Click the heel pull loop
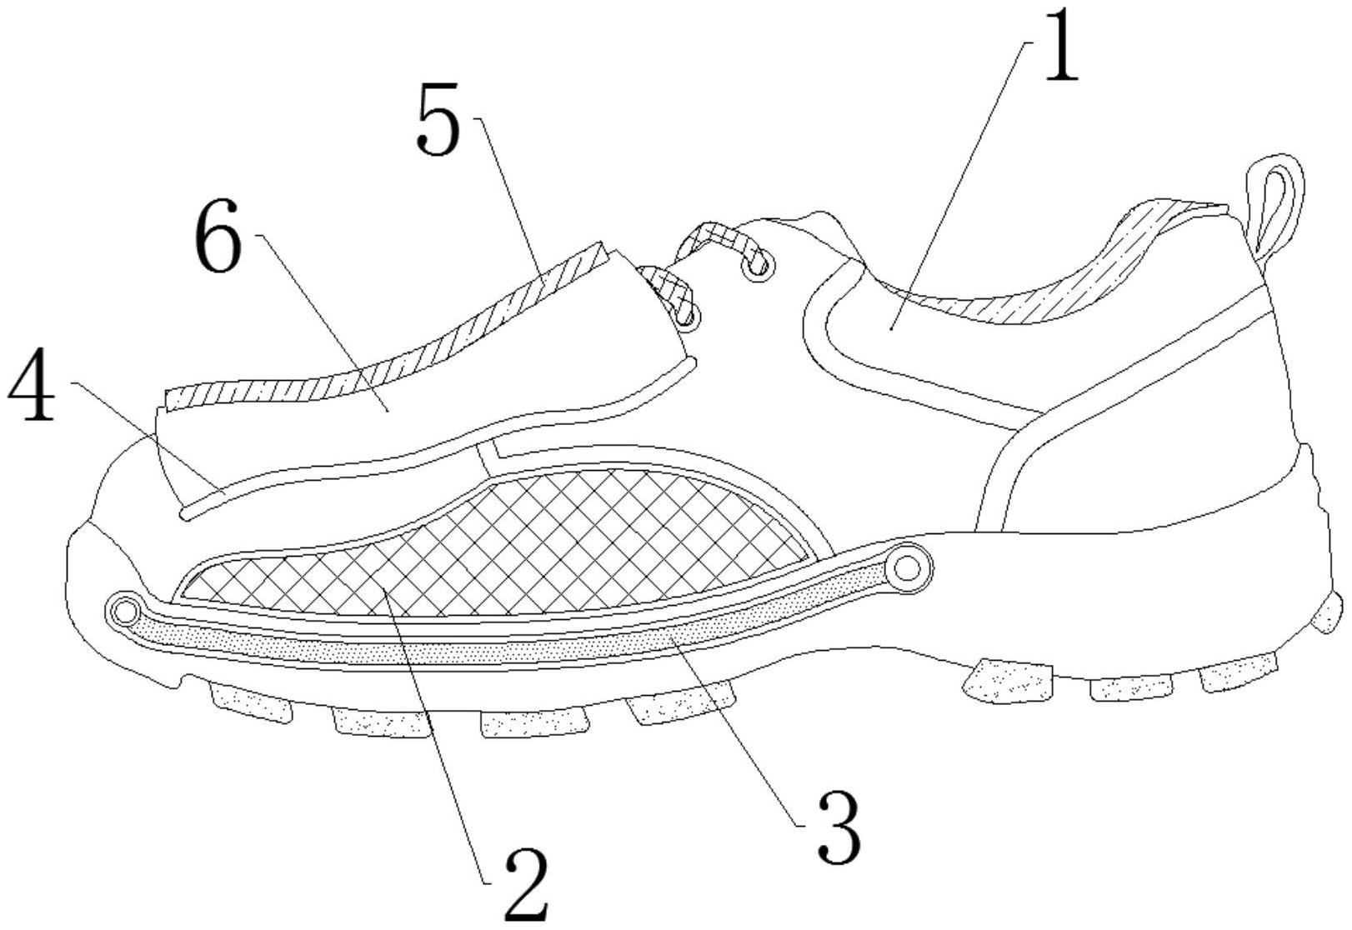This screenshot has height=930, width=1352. point(1275,200)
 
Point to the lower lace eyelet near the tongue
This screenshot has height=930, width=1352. point(686,316)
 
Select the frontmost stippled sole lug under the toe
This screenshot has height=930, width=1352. point(250,704)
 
